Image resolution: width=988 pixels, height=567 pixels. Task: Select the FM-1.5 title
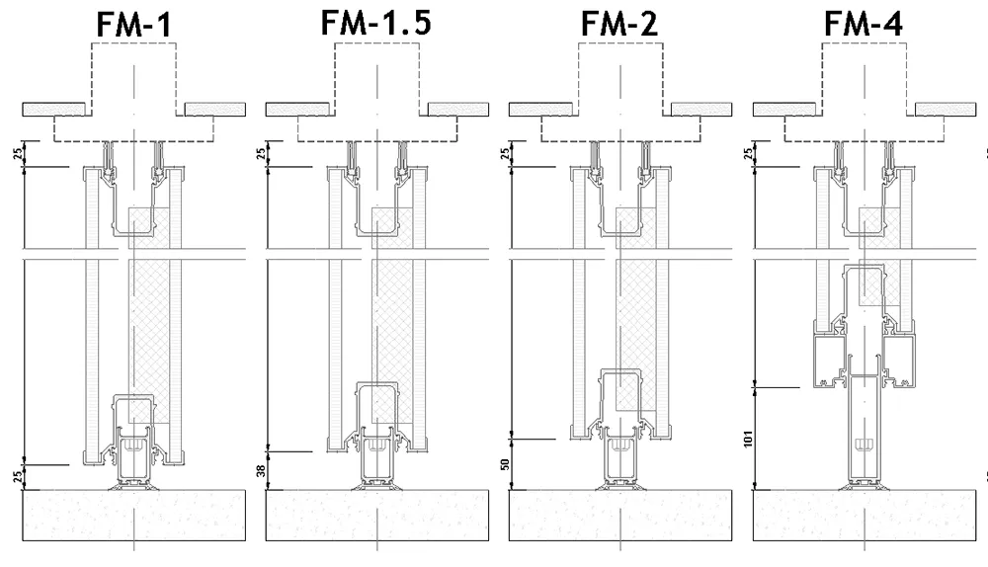click(375, 24)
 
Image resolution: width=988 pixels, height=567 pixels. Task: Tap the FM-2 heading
click(618, 28)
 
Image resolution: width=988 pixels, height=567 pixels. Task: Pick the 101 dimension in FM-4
click(747, 439)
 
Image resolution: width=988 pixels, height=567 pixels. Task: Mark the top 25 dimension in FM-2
click(505, 154)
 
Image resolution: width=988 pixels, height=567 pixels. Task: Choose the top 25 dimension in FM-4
click(748, 154)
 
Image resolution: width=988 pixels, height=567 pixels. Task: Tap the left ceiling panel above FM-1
click(53, 108)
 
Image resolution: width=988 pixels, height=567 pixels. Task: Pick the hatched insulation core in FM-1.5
click(391, 306)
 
